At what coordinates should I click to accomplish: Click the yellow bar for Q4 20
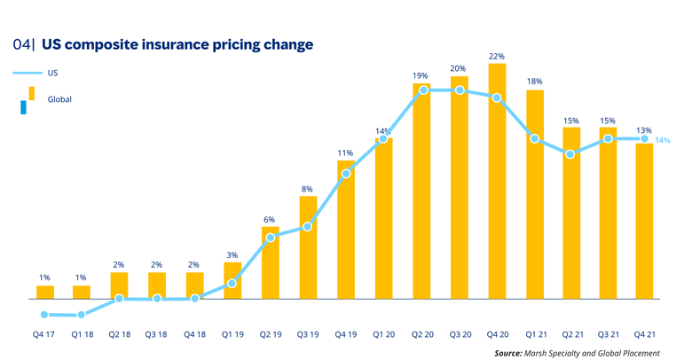[497, 182]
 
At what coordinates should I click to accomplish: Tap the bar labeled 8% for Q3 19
[307, 247]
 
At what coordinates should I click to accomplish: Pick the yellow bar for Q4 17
[44, 292]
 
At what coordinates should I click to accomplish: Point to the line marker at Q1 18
[82, 315]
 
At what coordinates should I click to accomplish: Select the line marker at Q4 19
[346, 173]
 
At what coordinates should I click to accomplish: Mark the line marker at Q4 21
[644, 138]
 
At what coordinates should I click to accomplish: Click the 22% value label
[497, 56]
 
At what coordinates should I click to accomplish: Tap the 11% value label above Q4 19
[345, 153]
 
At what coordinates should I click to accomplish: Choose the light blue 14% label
[662, 140]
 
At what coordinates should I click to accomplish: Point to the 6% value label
[270, 219]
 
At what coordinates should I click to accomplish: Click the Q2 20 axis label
[421, 333]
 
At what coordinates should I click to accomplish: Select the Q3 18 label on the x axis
[157, 333]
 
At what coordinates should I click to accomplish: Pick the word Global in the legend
[59, 99]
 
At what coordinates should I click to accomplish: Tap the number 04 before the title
[21, 43]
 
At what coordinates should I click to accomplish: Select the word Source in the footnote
[508, 352]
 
